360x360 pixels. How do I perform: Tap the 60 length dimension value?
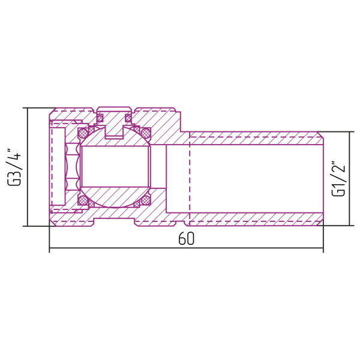point(186,238)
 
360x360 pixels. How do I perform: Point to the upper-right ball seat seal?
point(145,131)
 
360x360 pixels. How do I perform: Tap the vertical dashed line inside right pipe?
point(190,179)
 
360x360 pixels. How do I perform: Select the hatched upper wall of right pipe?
point(258,137)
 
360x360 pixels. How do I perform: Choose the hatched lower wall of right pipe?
point(258,220)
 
